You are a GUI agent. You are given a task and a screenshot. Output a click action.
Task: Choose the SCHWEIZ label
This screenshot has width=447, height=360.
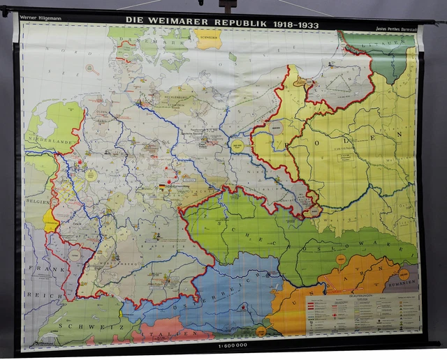coord(84,326)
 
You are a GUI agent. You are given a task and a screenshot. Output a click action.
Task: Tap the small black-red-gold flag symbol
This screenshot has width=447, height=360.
coord(163,187)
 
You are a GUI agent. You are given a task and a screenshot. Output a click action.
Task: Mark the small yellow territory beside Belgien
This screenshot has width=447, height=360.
coord(50,219)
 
